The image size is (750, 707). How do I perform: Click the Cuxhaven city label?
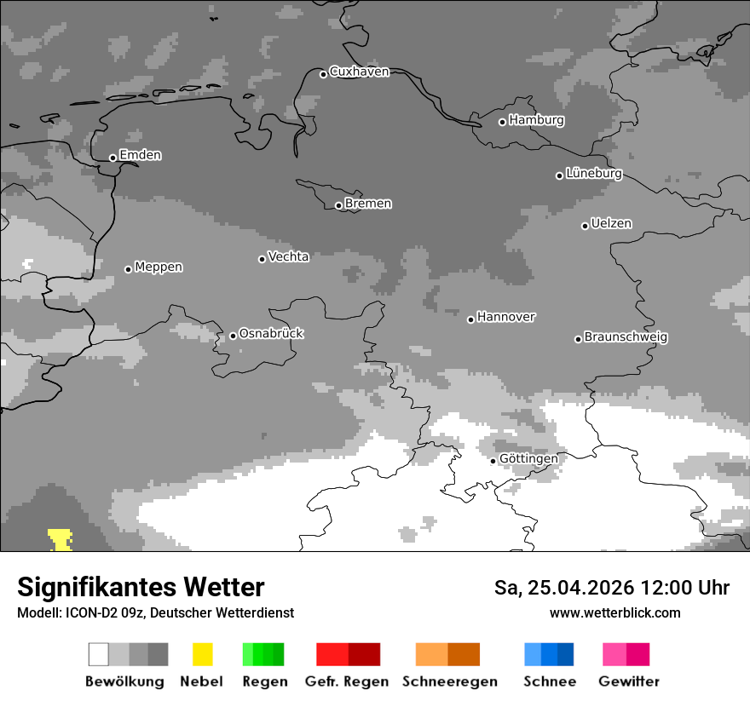coord(359,72)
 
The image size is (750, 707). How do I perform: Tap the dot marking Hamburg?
coord(502,122)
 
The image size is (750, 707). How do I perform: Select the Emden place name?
coord(140,155)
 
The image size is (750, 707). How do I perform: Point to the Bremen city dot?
coord(338,205)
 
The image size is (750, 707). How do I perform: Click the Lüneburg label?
coord(593,173)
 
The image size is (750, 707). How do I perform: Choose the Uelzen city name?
coord(611,223)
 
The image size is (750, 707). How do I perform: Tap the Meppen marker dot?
coord(128,269)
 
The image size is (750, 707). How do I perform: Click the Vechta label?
coord(288,256)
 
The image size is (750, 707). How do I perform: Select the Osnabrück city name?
coord(271,333)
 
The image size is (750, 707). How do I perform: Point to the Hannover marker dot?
coord(470,319)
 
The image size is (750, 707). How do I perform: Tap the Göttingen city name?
coord(528,458)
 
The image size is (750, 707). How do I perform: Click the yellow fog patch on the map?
coord(61,540)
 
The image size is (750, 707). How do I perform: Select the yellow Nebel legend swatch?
coord(203,654)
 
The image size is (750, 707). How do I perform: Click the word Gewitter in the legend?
coord(629,681)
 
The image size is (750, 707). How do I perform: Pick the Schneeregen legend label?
coord(450,681)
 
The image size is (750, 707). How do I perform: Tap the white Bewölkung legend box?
coord(98,654)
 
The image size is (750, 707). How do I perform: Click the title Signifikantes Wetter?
coord(141,587)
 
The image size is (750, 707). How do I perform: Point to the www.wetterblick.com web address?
coord(614,612)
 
